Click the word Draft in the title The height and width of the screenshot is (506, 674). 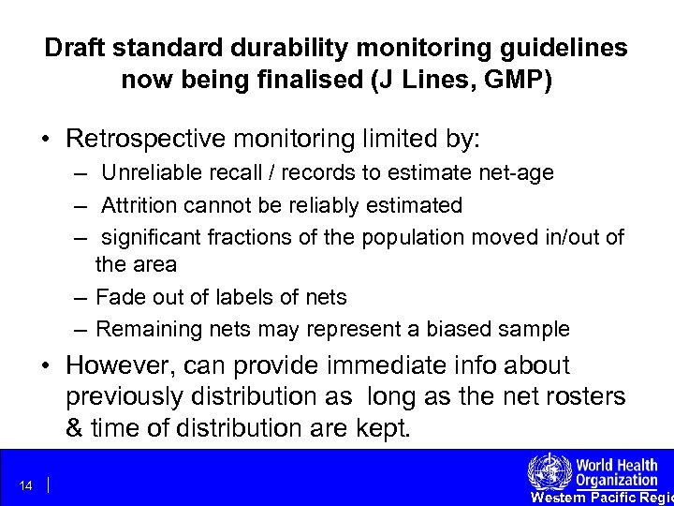[74, 47]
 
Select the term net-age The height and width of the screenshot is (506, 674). [519, 172]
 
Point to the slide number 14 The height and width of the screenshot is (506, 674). [25, 485]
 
